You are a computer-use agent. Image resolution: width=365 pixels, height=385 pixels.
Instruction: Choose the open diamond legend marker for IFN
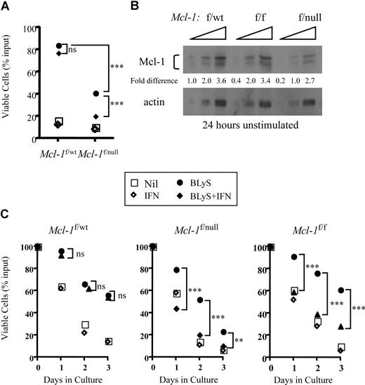click(149, 198)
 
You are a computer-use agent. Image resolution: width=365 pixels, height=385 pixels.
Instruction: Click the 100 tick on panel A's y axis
click(26, 29)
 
